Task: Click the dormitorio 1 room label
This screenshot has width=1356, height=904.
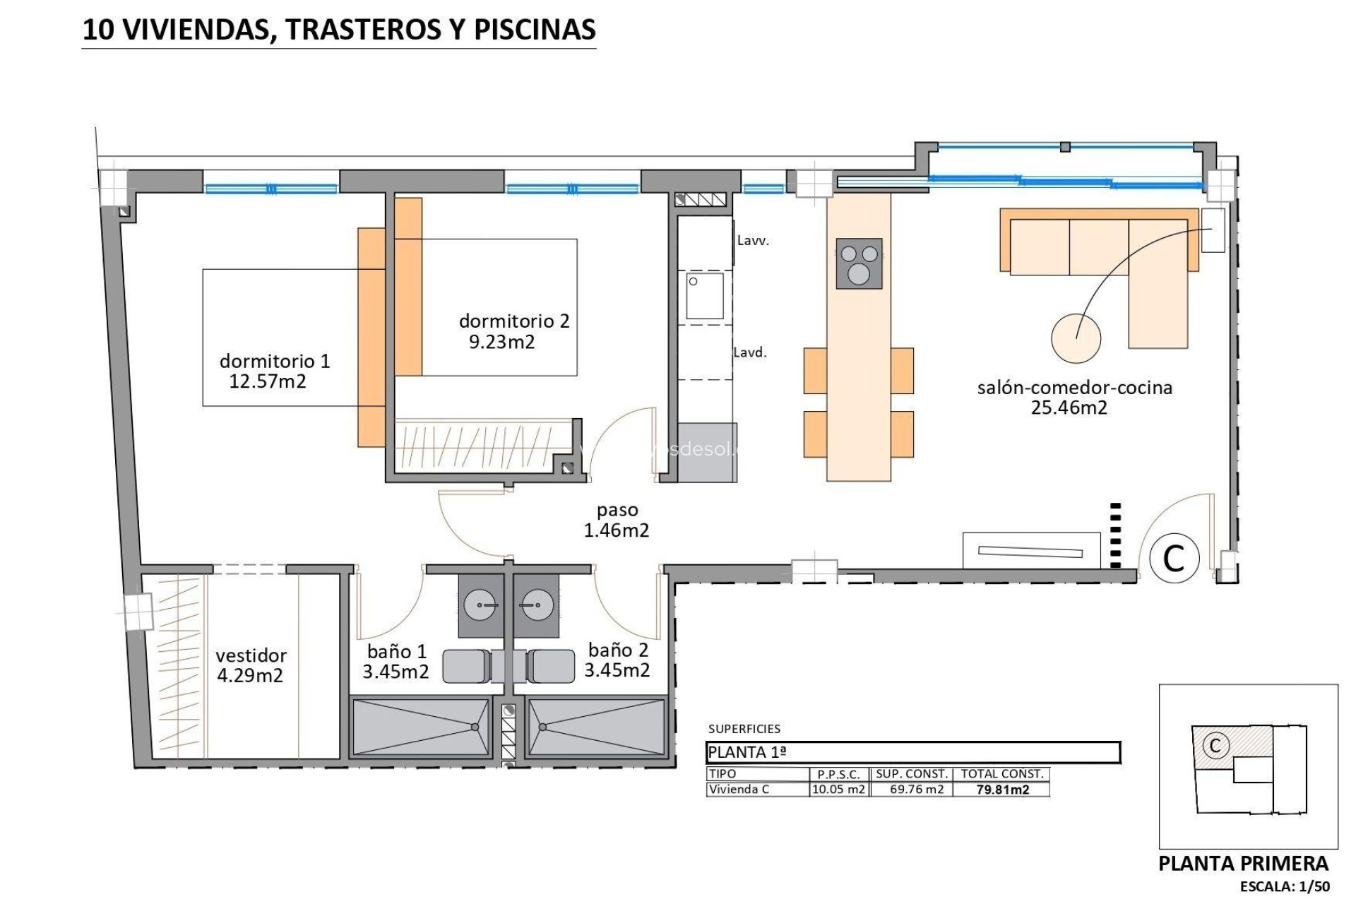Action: click(x=274, y=361)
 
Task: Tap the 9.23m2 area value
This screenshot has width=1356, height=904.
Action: click(x=502, y=343)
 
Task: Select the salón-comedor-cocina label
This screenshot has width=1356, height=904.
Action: click(x=1074, y=387)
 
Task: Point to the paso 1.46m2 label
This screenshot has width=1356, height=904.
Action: click(x=617, y=520)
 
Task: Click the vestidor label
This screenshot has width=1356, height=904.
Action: click(x=251, y=655)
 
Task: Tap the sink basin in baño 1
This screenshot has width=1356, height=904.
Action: click(x=481, y=605)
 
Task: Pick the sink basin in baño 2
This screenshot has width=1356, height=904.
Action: click(x=536, y=605)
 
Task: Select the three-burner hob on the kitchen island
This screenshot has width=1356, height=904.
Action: click(x=859, y=263)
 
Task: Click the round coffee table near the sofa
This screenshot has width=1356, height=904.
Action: click(x=1076, y=338)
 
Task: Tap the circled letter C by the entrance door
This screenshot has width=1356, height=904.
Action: click(x=1174, y=558)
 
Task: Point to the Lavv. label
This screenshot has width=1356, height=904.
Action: click(x=753, y=241)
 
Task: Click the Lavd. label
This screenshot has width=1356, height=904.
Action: click(x=750, y=352)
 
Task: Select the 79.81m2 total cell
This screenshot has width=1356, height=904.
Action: click(x=1002, y=790)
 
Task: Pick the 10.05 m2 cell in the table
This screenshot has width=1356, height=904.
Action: click(x=838, y=790)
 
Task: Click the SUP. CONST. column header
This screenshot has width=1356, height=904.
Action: click(x=912, y=774)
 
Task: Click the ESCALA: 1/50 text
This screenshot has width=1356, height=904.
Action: click(x=1285, y=887)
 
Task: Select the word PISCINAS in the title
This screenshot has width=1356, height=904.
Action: click(x=535, y=30)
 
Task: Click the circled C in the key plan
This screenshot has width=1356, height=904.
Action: click(x=1215, y=746)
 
